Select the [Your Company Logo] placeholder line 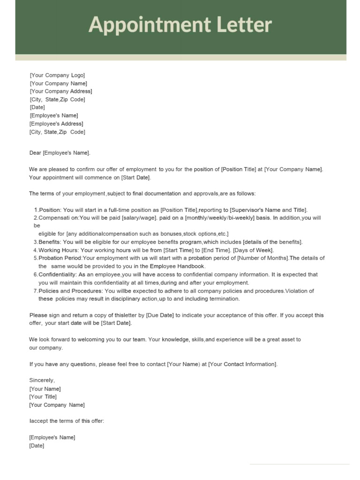click(57, 75)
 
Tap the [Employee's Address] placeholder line click(56, 124)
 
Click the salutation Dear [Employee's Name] click(60, 153)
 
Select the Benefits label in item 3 click(49, 242)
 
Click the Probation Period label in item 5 click(60, 258)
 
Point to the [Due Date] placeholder click(160, 315)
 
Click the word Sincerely click(42, 380)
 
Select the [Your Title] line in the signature click(43, 397)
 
